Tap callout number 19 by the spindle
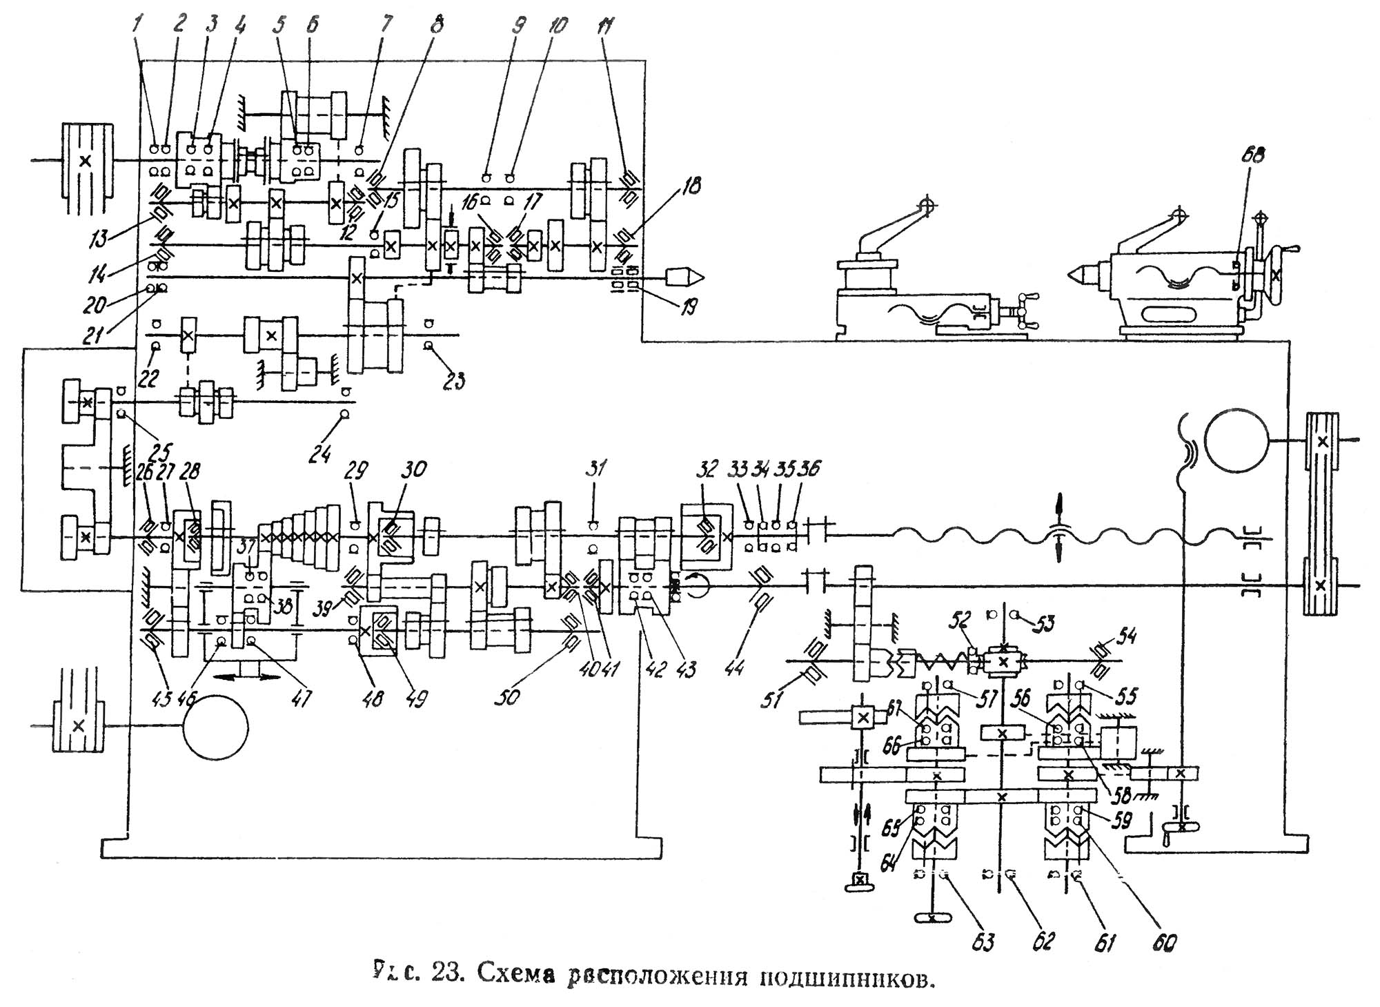pos(689,306)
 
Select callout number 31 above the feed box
pos(595,469)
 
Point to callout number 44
pos(736,667)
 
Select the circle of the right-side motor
pos(1237,439)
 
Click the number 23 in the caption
pos(447,974)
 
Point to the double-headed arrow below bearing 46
pos(248,678)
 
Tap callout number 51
pos(772,700)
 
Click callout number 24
pos(320,455)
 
